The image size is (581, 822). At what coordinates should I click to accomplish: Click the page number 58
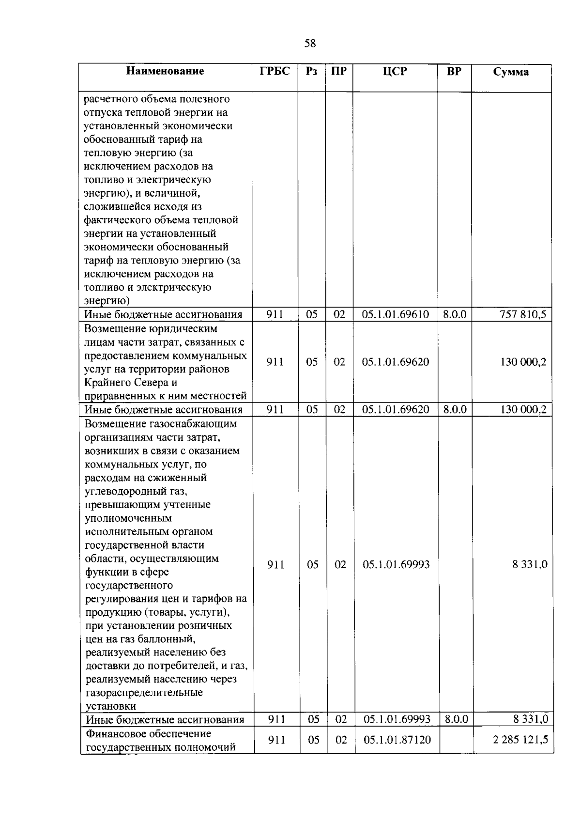pos(310,44)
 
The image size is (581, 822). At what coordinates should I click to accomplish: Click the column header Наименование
pos(165,71)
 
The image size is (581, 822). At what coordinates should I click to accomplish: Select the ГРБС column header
pos(275,71)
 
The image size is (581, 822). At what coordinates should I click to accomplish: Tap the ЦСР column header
pos(395,72)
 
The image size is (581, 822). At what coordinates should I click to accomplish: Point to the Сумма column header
pos(511,72)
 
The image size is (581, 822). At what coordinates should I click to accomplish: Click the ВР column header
pos(454,71)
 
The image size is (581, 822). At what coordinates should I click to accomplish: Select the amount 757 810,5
pos(522,314)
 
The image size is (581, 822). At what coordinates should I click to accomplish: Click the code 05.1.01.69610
pos(395,314)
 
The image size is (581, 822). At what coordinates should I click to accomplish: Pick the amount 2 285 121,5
pos(520,740)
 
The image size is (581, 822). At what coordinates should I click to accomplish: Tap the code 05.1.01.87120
pos(397,740)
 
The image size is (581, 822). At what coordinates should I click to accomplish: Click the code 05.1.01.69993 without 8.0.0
pos(396,564)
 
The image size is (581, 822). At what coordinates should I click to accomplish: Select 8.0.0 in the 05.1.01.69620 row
pos(455,409)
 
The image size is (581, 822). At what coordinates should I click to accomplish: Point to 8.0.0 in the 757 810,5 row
pos(455,314)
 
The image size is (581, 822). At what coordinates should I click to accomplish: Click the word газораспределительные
pos(144,692)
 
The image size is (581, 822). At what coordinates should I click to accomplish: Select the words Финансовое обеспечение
pos(148,733)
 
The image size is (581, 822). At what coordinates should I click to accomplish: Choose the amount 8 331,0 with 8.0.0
pos(530,719)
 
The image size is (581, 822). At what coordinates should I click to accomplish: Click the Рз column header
pos(312,71)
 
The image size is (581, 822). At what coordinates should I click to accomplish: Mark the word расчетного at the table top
pos(110,99)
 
